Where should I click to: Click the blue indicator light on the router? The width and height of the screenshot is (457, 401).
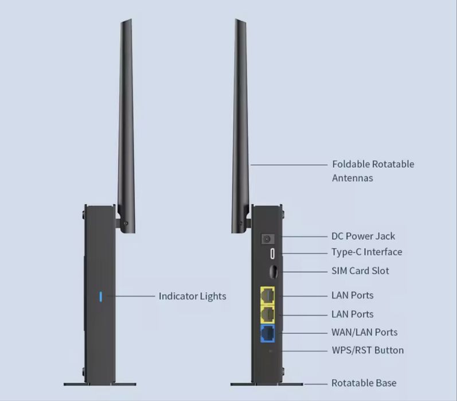[100, 297]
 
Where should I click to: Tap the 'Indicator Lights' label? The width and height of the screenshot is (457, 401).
[192, 296]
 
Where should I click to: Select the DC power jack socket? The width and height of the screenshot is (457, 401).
[267, 239]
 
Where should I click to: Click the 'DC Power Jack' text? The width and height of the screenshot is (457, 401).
[363, 236]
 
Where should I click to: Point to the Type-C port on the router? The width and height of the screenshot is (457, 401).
[272, 254]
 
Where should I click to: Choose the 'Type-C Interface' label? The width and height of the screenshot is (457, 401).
[366, 252]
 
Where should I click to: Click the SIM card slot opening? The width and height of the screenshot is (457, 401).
[273, 272]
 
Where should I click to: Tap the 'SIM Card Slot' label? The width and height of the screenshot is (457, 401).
[360, 271]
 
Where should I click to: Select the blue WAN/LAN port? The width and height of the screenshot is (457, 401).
[267, 333]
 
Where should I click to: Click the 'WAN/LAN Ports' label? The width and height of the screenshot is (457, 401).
[364, 332]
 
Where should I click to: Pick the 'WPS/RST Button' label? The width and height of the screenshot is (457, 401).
[368, 350]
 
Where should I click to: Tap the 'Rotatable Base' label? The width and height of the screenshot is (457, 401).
[364, 383]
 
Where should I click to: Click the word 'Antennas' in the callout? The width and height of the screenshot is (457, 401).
[353, 178]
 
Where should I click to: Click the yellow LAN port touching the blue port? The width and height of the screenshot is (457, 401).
[267, 314]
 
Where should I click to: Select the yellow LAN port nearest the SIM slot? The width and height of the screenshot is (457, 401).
[267, 295]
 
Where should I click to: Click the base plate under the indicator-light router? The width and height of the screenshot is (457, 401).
[100, 384]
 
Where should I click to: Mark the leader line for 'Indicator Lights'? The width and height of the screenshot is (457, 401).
[131, 296]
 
